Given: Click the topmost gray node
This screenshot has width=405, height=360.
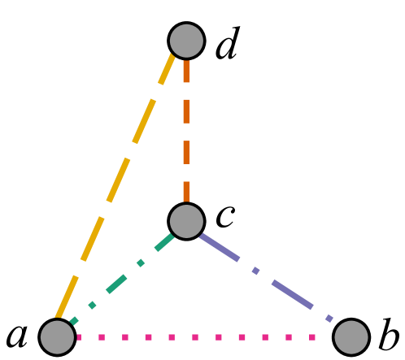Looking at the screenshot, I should click(x=186, y=41).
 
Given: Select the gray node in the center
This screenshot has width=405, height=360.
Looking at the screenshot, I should click(x=186, y=221).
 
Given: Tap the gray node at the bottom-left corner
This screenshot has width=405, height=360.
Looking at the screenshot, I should click(x=57, y=337).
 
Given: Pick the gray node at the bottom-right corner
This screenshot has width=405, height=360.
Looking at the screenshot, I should click(x=351, y=337).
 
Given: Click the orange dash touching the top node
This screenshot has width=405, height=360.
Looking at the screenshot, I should click(x=186, y=71).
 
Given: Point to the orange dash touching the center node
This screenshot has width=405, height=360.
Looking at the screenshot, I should click(x=186, y=192).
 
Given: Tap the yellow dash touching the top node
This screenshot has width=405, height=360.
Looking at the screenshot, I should click(x=167, y=69).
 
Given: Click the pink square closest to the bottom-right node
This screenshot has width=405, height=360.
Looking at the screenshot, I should click(x=312, y=337).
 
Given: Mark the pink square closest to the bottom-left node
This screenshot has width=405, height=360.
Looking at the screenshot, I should click(x=79, y=337).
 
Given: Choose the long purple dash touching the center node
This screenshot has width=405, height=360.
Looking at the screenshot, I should click(x=220, y=247).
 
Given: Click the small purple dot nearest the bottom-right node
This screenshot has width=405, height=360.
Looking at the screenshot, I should click(x=329, y=319).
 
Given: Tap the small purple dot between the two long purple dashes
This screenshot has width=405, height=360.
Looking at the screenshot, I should click(x=255, y=271).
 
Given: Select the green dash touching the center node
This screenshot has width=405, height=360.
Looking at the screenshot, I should click(x=165, y=241).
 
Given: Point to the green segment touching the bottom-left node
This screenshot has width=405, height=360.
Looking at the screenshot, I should click(x=74, y=322).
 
